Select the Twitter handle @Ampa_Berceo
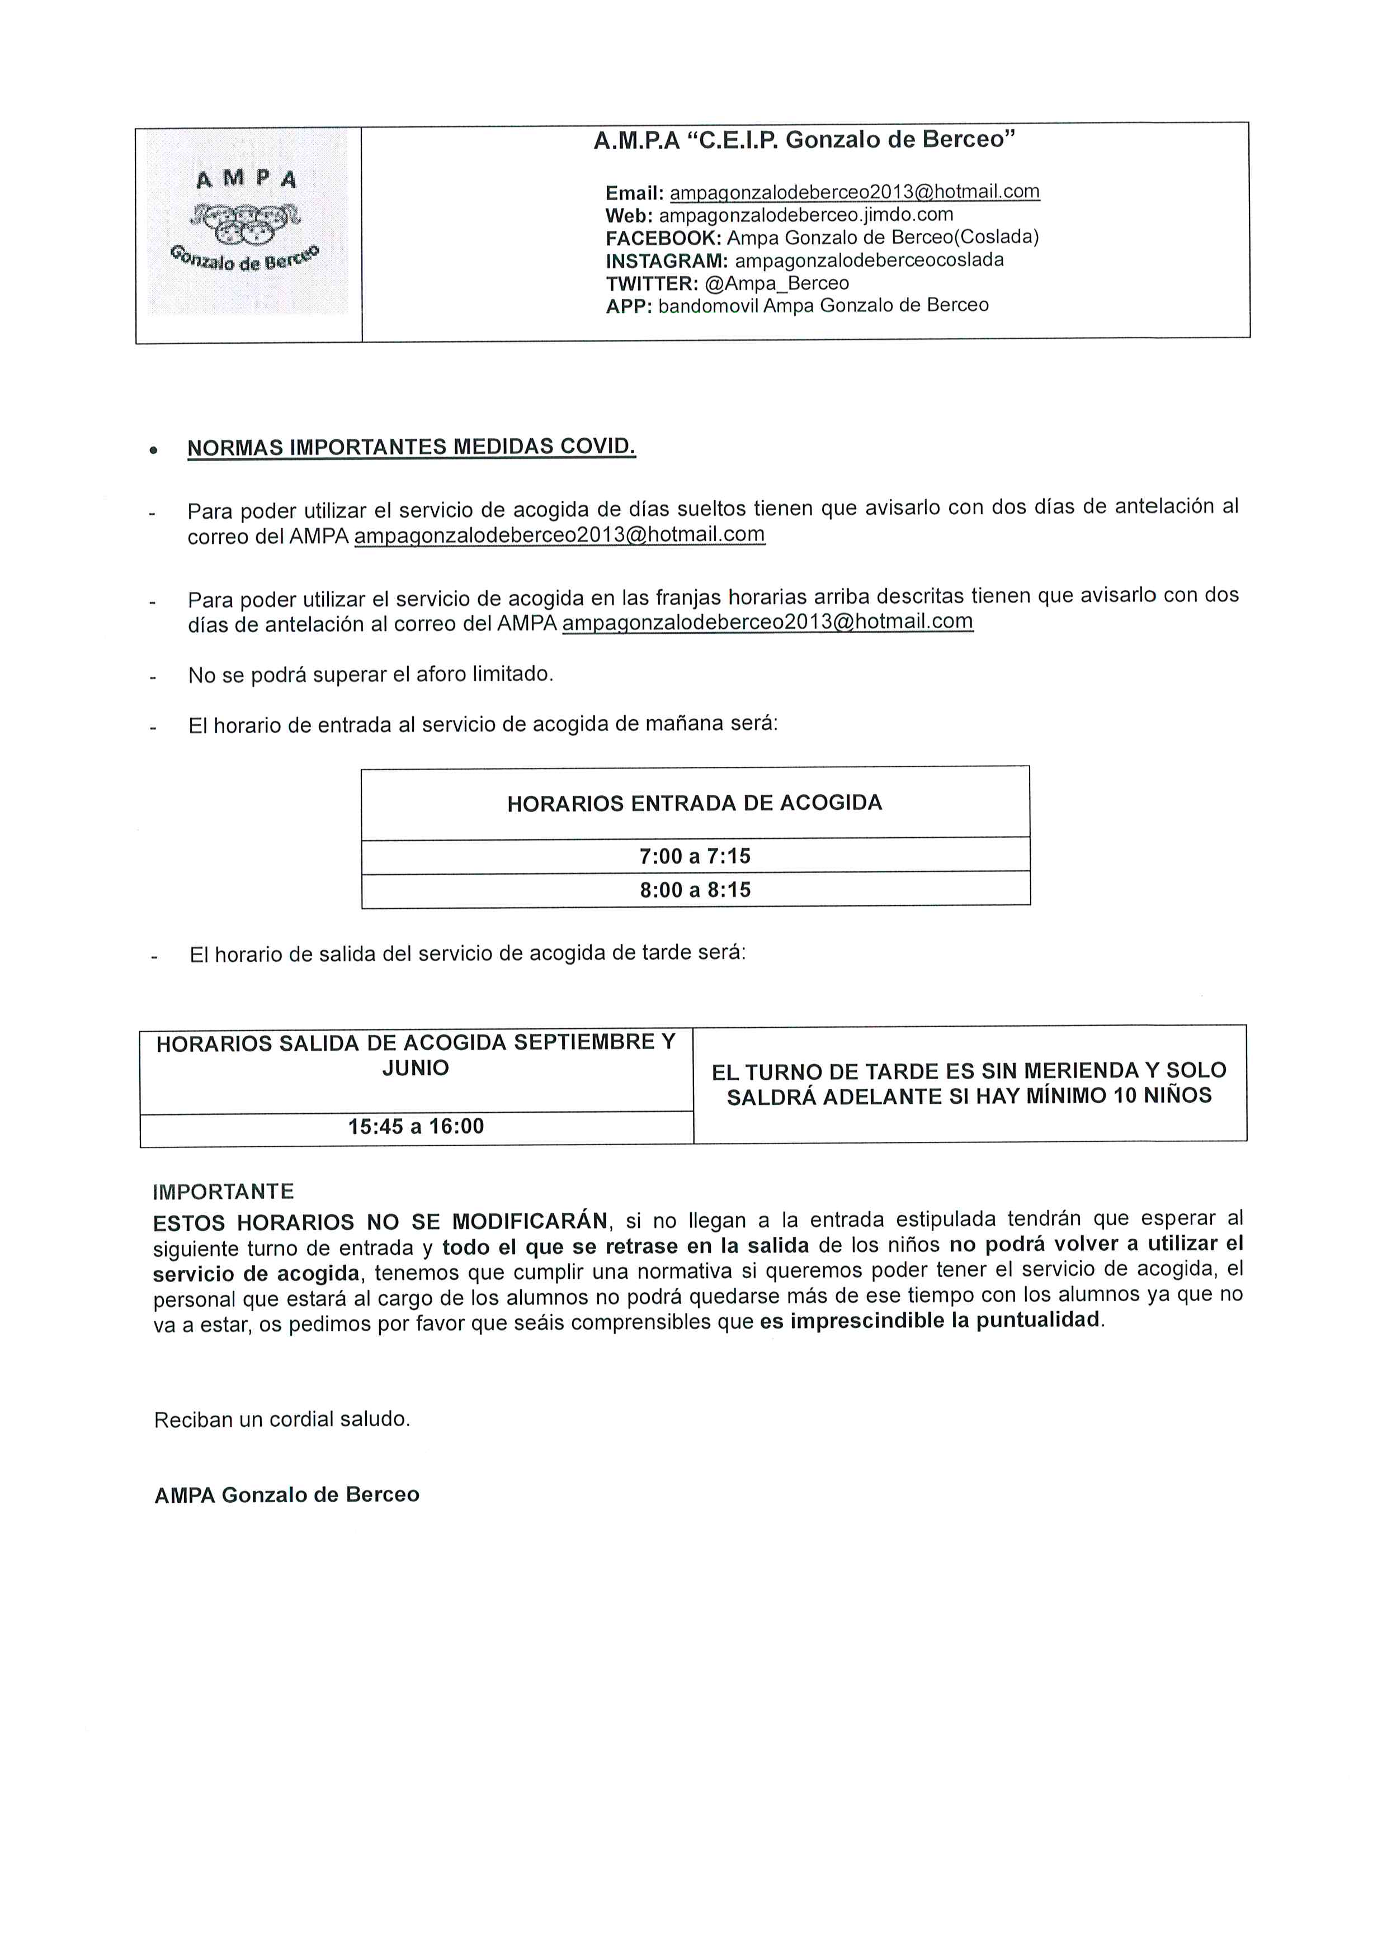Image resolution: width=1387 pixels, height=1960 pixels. [x=777, y=283]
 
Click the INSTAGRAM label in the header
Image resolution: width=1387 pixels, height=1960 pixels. [x=666, y=260]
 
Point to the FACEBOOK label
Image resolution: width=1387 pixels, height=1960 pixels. [x=663, y=238]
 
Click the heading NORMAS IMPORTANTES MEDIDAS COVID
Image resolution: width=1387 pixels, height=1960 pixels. [x=411, y=447]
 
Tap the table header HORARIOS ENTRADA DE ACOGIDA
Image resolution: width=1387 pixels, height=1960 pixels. [x=695, y=803]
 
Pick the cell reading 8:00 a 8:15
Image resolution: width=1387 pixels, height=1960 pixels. [x=695, y=890]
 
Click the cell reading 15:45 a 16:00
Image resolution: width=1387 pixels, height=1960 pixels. [x=416, y=1127]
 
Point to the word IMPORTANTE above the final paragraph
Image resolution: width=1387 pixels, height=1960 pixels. [x=223, y=1192]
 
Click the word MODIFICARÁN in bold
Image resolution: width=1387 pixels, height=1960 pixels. [x=530, y=1222]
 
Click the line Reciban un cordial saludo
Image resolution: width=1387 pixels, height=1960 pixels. [x=282, y=1420]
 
